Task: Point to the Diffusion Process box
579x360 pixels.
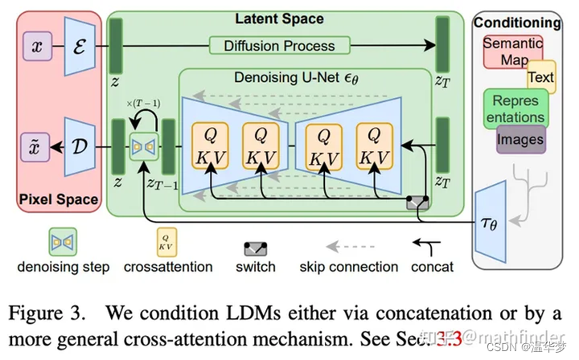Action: point(279,45)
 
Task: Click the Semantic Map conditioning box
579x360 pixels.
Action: point(512,51)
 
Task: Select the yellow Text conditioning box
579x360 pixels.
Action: point(540,77)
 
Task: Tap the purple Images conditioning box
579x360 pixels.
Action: point(519,139)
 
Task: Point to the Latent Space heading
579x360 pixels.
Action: point(279,18)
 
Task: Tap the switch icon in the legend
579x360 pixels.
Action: point(256,248)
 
